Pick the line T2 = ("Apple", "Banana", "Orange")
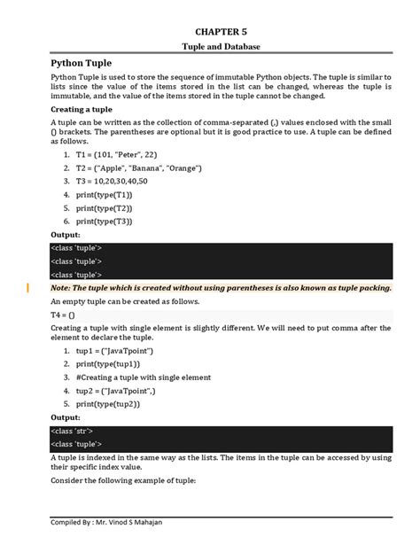click(x=138, y=167)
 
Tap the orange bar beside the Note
click(x=28, y=287)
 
